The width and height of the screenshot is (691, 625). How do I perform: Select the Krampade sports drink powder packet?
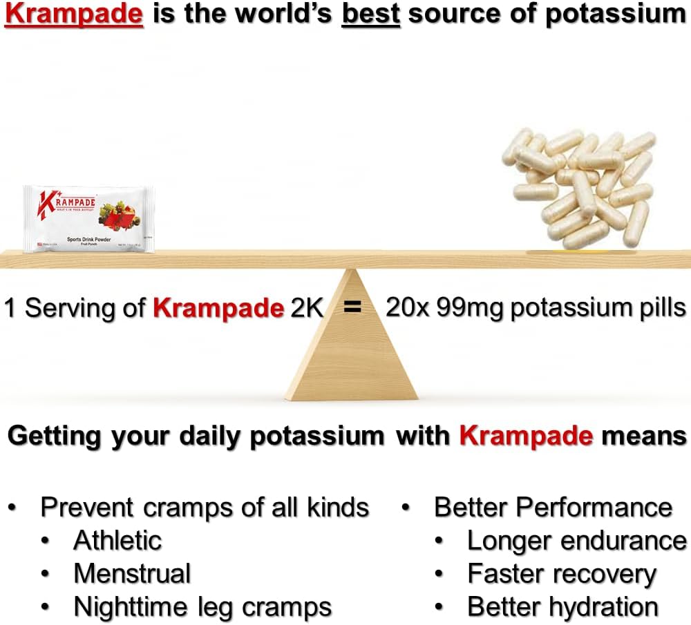coord(88,218)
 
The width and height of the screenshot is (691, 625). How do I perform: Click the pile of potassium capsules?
coord(587,187)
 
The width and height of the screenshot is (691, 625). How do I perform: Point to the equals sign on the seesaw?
coord(353,308)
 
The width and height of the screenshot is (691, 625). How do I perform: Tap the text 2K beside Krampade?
coord(307,308)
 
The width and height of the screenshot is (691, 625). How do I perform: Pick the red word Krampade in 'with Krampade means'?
coord(526,436)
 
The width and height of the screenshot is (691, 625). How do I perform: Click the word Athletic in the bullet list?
coord(117,540)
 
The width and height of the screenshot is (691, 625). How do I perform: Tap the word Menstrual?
coord(132,574)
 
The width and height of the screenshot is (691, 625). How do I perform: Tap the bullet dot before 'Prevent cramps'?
coord(13,508)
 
